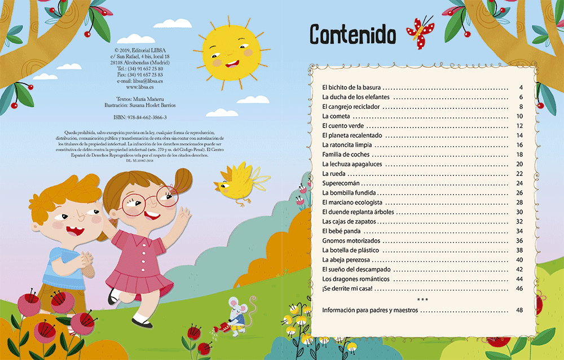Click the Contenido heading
(352, 35)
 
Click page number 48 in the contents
(519, 311)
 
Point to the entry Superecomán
(341, 183)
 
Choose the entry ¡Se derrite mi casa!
(347, 288)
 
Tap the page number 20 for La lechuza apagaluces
(519, 164)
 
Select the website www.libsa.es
(140, 87)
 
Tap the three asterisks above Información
(422, 299)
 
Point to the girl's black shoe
(141, 322)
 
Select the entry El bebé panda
(341, 231)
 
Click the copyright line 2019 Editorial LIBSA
(140, 50)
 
